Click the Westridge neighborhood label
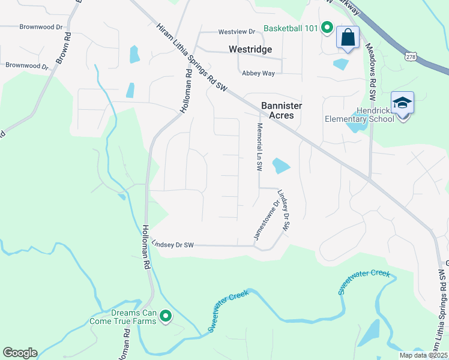pos(250,49)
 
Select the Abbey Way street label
pos(258,73)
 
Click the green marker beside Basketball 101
pos(327,28)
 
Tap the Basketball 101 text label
pos(291,28)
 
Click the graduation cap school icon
pos(402,103)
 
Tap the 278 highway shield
pos(411,56)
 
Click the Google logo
pos(20,353)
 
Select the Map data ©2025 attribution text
pos(424,355)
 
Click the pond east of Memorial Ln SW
pos(280,165)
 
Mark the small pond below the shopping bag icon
pos(340,64)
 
